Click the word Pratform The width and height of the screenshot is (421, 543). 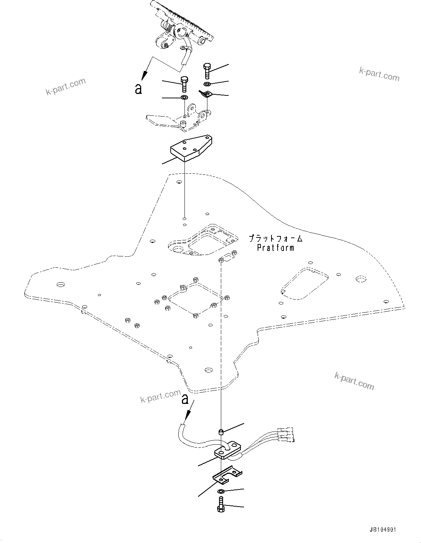(x=275, y=248)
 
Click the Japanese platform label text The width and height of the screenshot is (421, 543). (x=275, y=239)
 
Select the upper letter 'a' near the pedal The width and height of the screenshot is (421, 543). (x=138, y=89)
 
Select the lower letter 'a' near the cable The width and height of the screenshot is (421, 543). (x=185, y=399)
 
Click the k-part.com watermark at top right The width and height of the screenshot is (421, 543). (x=379, y=74)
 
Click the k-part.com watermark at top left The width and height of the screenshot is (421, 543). (x=65, y=87)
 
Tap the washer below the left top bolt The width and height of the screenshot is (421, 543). (x=184, y=98)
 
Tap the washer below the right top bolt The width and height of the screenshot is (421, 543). (x=207, y=84)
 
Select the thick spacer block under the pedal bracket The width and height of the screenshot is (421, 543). (x=191, y=148)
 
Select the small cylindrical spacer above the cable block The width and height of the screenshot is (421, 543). (x=221, y=432)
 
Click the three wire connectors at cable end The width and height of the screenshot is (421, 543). (x=285, y=434)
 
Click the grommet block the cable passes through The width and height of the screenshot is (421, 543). (x=227, y=450)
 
